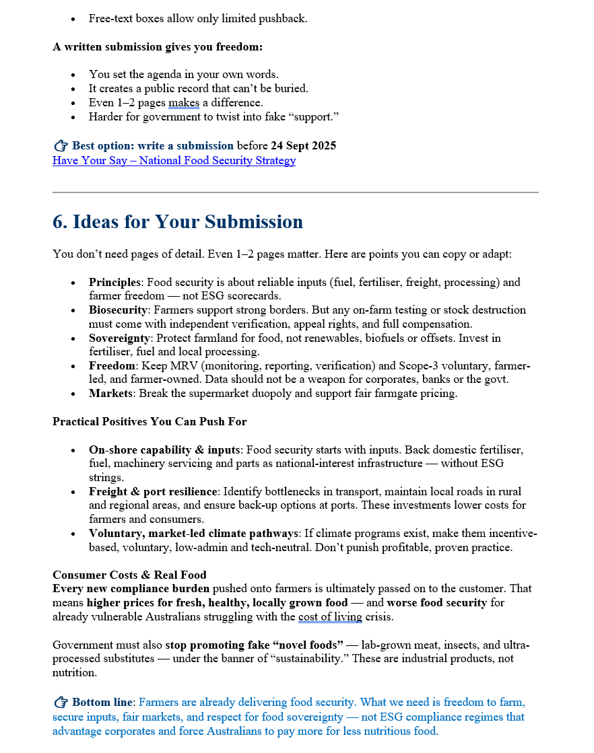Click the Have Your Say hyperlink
174,161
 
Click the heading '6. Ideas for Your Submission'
178,222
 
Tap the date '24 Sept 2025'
303,146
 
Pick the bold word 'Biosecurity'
118,310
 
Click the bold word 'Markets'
110,394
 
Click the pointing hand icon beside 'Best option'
61,146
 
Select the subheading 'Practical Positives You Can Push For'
150,422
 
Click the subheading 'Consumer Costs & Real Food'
129,575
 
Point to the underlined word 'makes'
184,103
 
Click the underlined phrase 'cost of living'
330,617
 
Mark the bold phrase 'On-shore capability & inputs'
164,450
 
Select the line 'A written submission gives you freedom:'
158,47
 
